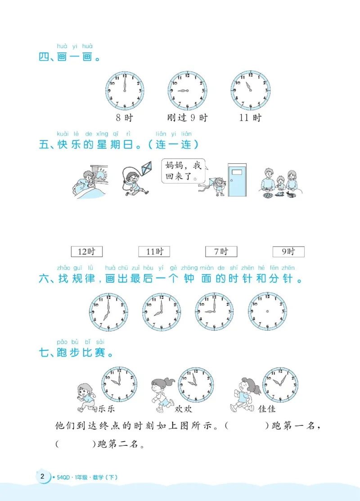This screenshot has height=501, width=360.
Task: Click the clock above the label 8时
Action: click(x=125, y=90)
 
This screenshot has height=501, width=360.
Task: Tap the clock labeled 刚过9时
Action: click(x=187, y=90)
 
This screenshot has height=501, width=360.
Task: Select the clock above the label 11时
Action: click(x=250, y=90)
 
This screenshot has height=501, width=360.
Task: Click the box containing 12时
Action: click(x=87, y=251)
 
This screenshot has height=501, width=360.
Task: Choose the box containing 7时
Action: click(x=221, y=251)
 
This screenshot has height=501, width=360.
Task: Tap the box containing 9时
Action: click(x=288, y=251)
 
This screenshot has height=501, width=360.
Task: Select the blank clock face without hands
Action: click(x=267, y=311)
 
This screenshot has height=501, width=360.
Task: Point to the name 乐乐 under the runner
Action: click(x=105, y=409)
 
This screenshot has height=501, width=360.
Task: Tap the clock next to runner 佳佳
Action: click(x=281, y=385)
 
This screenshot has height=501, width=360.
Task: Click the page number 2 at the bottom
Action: click(x=42, y=477)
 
